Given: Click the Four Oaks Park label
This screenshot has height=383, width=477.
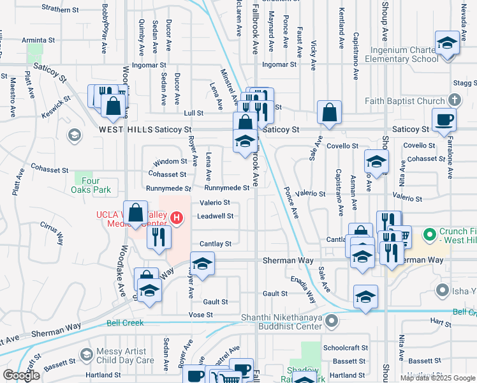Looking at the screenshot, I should [92, 184].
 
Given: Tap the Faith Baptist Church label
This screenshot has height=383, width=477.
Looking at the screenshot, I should [405, 101].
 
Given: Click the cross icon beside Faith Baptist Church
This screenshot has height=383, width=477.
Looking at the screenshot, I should [453, 100].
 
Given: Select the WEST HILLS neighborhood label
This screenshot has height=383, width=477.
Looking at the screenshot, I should [126, 130].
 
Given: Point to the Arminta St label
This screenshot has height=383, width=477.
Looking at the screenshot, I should [39, 40].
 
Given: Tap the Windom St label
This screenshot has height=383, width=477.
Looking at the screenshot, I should [171, 161].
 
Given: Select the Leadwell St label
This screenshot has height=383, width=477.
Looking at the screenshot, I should [214, 216].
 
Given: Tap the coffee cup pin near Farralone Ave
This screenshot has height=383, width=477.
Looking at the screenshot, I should [444, 120].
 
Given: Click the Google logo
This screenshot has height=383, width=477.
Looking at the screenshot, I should [21, 375].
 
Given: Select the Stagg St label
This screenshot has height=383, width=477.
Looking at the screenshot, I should [464, 83].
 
